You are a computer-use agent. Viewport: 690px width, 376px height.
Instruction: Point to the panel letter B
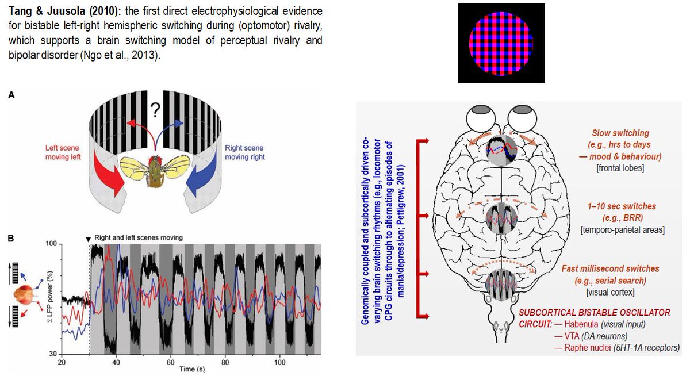tap(11, 237)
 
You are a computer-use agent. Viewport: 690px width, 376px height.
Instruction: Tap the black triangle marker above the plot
tap(87, 238)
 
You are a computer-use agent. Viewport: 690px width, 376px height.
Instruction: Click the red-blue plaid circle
tap(501, 43)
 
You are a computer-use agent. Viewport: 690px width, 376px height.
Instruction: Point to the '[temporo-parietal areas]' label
tap(623, 230)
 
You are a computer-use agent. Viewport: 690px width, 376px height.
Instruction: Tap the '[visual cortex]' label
tap(610, 293)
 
